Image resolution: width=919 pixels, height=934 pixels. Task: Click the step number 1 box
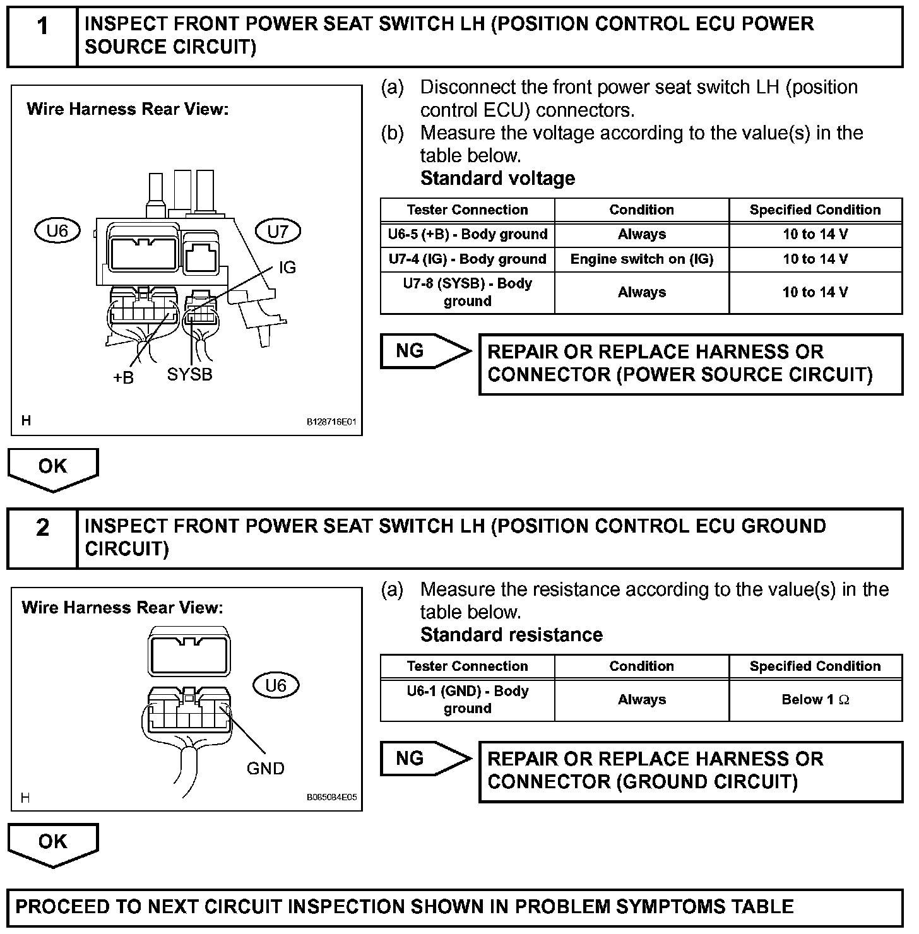pyautogui.click(x=42, y=37)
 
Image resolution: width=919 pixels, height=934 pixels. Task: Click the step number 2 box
pyautogui.click(x=42, y=538)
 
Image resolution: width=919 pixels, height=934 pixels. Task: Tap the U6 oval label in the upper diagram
pyautogui.click(x=57, y=231)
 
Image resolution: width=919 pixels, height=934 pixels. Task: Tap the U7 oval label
pyautogui.click(x=278, y=231)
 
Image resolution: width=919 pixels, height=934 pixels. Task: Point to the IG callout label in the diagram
pyautogui.click(x=287, y=268)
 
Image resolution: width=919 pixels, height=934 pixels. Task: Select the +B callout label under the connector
pyautogui.click(x=124, y=377)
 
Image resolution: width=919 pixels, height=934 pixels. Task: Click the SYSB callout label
pyautogui.click(x=189, y=375)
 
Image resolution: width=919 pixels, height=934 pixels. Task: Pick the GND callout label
pyautogui.click(x=265, y=768)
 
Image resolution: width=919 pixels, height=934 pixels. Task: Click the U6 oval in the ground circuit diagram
pyautogui.click(x=276, y=685)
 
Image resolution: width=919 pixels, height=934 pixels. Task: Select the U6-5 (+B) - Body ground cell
pyautogui.click(x=467, y=235)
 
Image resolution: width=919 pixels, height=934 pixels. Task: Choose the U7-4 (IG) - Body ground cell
pyautogui.click(x=467, y=259)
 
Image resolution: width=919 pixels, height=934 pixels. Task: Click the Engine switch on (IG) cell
pyautogui.click(x=641, y=259)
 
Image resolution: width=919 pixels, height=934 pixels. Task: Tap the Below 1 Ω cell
pyautogui.click(x=815, y=700)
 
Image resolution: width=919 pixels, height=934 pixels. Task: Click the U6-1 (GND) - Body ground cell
pyautogui.click(x=467, y=700)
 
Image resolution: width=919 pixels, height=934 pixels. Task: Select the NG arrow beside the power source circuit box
pyautogui.click(x=424, y=352)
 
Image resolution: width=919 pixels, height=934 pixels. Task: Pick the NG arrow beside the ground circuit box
pyautogui.click(x=424, y=759)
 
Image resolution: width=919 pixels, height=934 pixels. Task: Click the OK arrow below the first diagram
pyautogui.click(x=53, y=469)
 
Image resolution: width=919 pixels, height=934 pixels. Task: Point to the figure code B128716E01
pyautogui.click(x=331, y=422)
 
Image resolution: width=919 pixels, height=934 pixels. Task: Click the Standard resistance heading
pyautogui.click(x=511, y=635)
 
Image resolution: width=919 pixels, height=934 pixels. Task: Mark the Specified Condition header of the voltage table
pyautogui.click(x=815, y=210)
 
